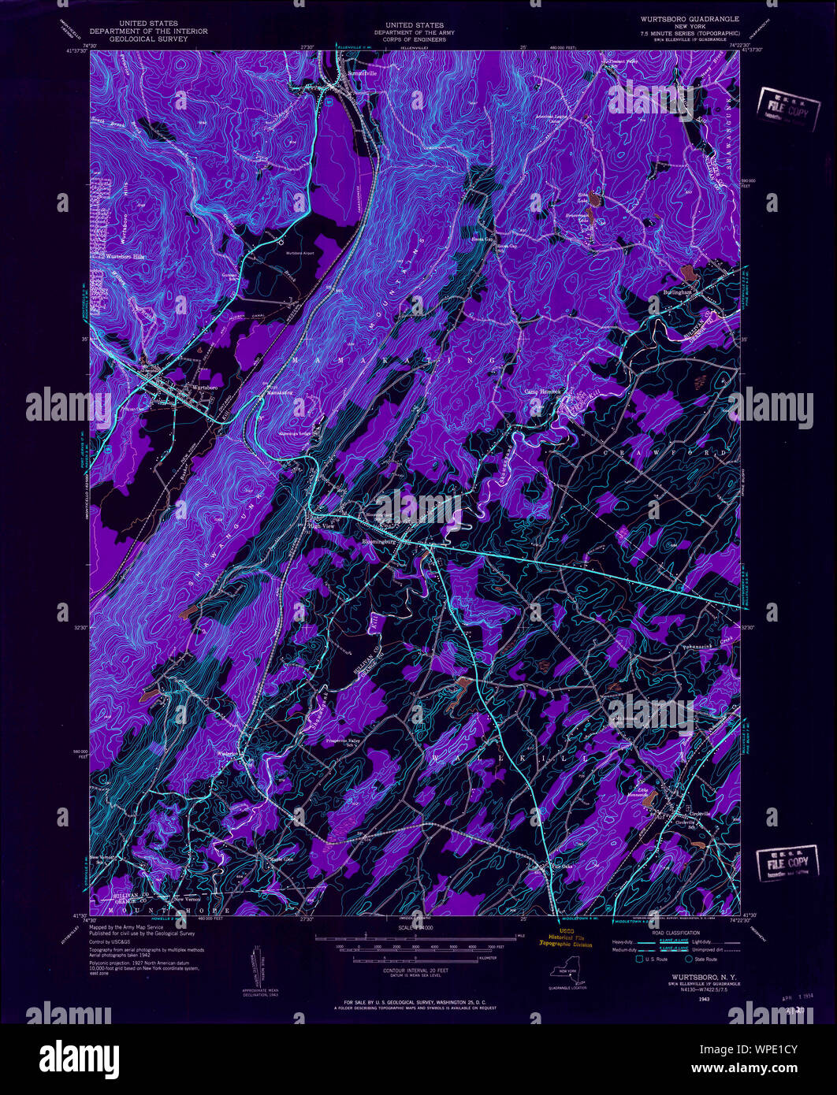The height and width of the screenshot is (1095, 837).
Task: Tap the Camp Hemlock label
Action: tap(542, 391)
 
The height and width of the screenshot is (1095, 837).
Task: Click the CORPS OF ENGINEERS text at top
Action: tap(410, 39)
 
